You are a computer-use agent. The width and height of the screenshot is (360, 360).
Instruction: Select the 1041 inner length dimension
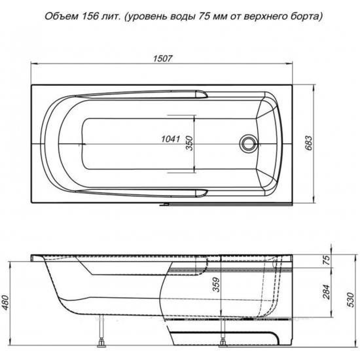171,138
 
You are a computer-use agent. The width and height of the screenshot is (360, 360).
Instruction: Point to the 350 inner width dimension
190,143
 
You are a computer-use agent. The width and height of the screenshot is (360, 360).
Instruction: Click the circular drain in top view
248,142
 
